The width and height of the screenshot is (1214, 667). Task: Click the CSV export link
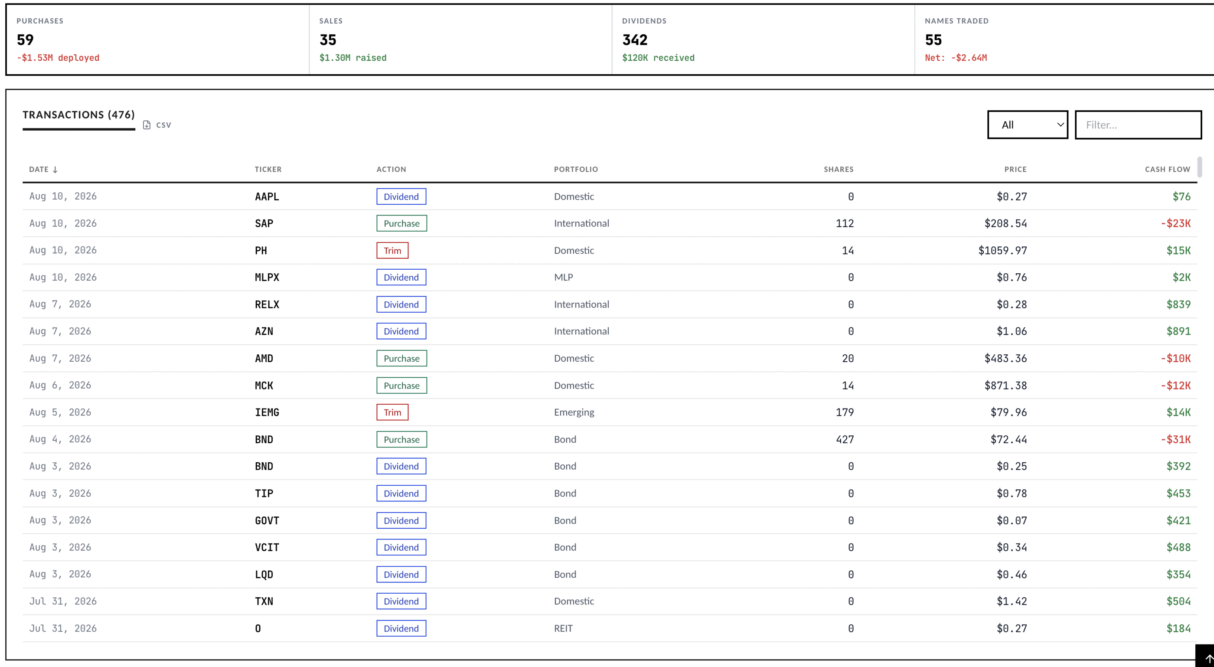coord(157,125)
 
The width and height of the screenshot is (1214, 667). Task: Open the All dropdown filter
coord(1028,125)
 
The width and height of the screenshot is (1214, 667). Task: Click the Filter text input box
coord(1138,125)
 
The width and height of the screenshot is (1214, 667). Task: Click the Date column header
coord(43,169)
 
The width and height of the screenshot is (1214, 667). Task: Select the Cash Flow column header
coord(1167,169)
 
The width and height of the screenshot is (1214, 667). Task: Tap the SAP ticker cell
coord(264,223)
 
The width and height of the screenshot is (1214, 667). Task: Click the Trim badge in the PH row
coord(392,250)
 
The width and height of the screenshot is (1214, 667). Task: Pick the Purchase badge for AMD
coord(401,358)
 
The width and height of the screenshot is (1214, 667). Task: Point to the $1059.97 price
coord(1002,250)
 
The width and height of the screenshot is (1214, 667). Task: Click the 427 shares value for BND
coord(845,439)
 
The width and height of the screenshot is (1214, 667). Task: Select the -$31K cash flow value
coord(1175,439)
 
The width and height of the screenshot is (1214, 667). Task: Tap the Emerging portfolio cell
coord(574,412)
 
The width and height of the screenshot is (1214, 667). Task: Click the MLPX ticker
coord(267,277)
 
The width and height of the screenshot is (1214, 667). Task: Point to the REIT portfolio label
coord(563,628)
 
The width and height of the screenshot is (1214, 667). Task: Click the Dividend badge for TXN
coord(401,602)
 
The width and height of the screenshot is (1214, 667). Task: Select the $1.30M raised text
coord(352,58)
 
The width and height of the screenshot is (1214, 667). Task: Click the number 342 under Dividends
coord(635,40)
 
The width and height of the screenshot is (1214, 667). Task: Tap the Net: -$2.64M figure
coord(956,58)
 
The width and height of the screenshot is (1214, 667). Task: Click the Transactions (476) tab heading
coord(79,114)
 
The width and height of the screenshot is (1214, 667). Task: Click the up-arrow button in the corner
coord(1207,657)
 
